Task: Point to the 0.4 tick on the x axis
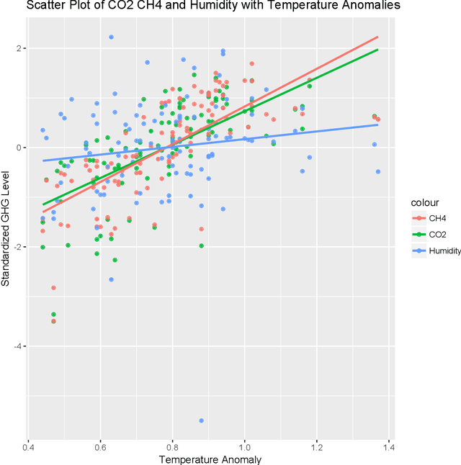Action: pos(28,446)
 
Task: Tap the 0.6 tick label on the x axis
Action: pos(100,446)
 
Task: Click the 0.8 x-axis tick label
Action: pos(172,446)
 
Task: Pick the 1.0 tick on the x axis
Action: pos(245,446)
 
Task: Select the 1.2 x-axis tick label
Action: pos(317,446)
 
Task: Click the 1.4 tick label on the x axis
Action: pos(389,446)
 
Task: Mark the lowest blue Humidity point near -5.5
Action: pos(201,420)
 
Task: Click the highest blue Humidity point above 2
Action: pos(111,37)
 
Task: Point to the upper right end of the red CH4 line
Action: pos(377,37)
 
